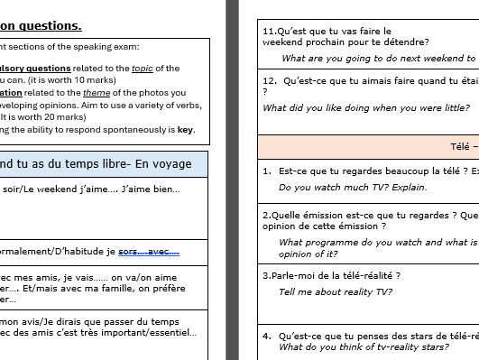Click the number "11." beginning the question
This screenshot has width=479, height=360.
(x=269, y=30)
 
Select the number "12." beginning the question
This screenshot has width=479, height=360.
(x=269, y=80)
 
